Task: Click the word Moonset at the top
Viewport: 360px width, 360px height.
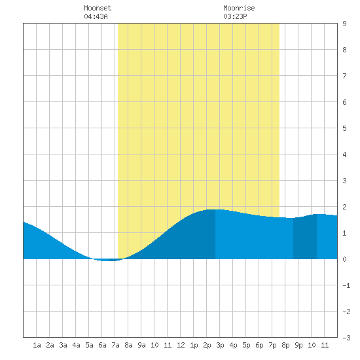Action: coord(98,8)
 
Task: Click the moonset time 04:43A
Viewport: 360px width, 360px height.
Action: coord(96,16)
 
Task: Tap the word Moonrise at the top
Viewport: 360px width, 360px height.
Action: coord(239,8)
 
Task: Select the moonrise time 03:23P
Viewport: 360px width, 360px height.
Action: coord(235,16)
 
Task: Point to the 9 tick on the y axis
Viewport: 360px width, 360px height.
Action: coord(344,24)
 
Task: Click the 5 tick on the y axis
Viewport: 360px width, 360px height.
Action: coord(344,128)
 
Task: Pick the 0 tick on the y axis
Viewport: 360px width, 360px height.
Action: coord(344,259)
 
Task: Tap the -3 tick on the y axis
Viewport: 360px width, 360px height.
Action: coord(346,338)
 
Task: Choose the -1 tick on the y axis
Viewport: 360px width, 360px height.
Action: coord(346,285)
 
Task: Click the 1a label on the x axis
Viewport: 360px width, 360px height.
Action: coord(37,345)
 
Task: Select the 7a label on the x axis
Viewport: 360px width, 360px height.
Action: coord(115,345)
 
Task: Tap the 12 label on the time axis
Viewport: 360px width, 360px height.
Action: coord(181,345)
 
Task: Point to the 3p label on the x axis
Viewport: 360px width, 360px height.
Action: coord(220,345)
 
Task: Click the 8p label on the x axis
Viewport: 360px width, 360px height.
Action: coord(285,345)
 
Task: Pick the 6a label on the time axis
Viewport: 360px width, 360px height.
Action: coord(102,345)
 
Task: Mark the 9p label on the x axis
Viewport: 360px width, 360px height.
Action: coord(298,345)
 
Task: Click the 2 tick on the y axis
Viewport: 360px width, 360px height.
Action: coord(344,207)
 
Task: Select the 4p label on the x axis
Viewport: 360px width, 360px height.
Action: coord(233,345)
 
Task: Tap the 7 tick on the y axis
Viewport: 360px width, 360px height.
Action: coord(344,76)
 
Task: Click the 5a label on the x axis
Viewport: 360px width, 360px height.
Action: coord(89,345)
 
